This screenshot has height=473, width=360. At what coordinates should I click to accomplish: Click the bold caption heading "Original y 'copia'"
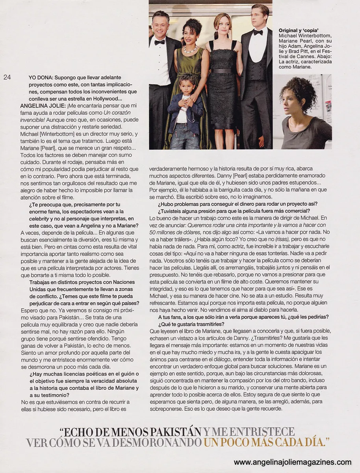tap(298, 30)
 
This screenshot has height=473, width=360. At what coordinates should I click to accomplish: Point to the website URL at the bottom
tap(292, 462)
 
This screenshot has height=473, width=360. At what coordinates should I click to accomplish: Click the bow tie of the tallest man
tap(258, 33)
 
